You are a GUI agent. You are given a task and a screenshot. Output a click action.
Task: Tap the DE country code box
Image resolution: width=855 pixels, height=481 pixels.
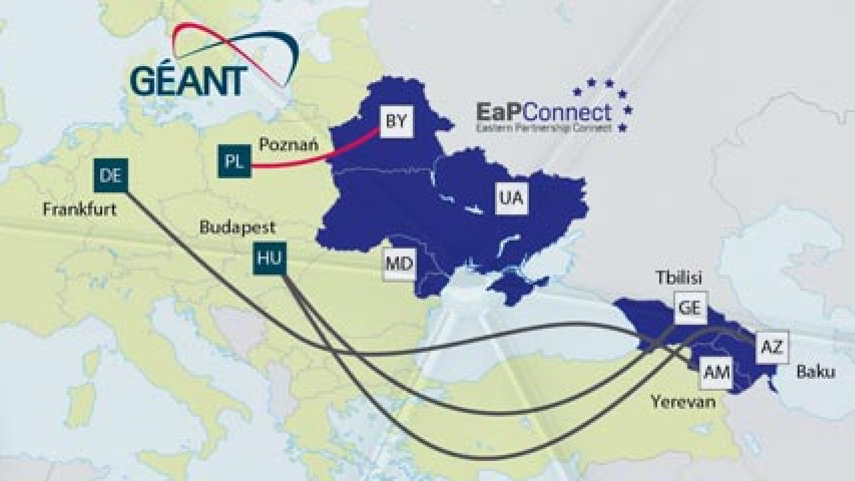(x=110, y=176)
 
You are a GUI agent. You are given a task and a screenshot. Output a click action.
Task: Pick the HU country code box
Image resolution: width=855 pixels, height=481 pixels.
(x=269, y=259)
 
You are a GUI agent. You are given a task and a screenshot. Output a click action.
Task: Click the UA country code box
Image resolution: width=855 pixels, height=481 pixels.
(x=512, y=198)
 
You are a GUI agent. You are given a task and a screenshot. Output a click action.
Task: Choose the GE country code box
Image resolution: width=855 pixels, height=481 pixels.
(x=689, y=308)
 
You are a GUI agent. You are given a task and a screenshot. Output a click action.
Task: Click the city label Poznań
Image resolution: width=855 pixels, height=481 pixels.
(x=288, y=144)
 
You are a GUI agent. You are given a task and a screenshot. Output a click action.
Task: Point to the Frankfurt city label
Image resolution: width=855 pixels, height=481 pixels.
(x=79, y=210)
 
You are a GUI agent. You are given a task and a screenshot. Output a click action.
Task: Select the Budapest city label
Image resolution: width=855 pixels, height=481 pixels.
(x=238, y=228)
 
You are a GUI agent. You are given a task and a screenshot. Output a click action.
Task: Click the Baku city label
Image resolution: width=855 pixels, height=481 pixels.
(x=815, y=372)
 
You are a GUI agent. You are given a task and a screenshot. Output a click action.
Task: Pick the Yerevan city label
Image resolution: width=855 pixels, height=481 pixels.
(x=683, y=402)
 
